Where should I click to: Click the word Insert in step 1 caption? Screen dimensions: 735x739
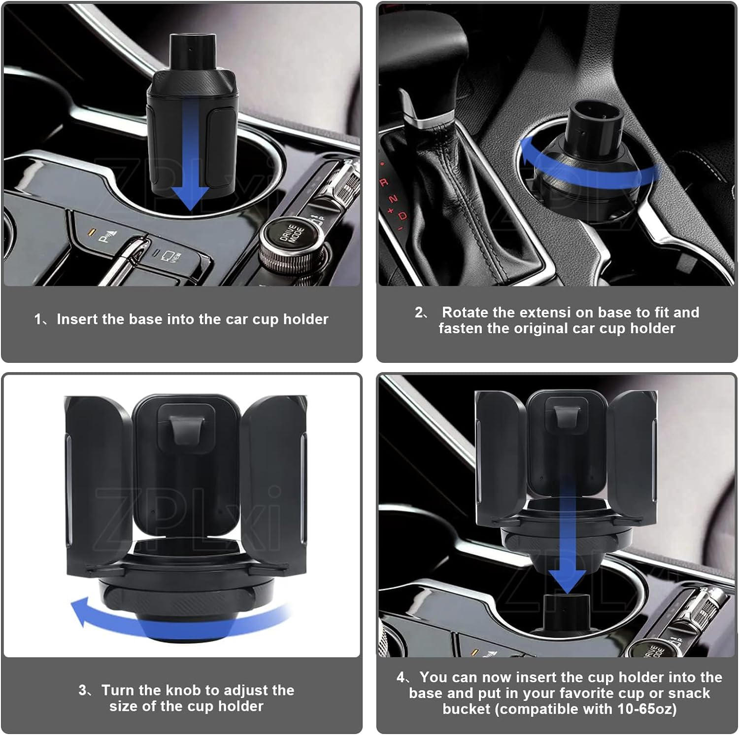pyautogui.click(x=77, y=319)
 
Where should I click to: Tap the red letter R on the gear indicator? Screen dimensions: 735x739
pyautogui.click(x=384, y=183)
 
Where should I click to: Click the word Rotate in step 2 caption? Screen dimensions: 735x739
pyautogui.click(x=465, y=313)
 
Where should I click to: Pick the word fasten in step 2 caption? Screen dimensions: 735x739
pyautogui.click(x=461, y=329)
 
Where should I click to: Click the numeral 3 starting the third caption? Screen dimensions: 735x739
pyautogui.click(x=82, y=690)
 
